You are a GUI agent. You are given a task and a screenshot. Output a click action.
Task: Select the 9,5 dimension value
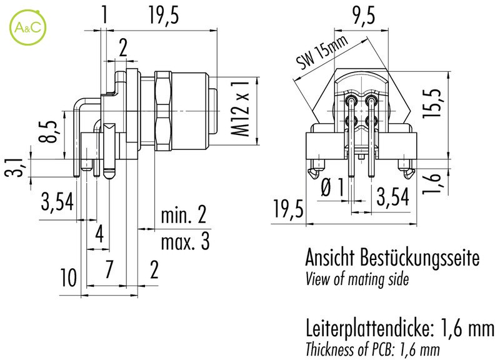363,17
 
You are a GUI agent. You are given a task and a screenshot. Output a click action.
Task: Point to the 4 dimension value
98,236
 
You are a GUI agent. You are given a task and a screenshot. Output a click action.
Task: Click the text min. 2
183,216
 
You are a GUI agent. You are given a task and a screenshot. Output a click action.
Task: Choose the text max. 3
184,241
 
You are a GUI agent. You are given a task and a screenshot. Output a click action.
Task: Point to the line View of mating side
357,279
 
